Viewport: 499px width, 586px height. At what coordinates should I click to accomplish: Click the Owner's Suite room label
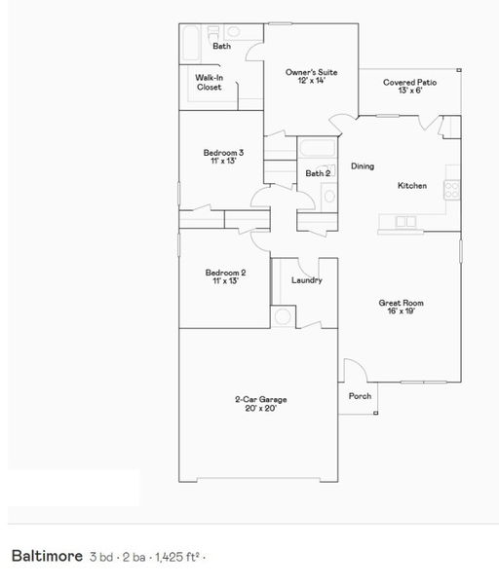[311, 72]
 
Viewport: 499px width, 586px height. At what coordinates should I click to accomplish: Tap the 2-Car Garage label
[261, 399]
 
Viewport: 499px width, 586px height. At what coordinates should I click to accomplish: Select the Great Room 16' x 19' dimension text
[401, 311]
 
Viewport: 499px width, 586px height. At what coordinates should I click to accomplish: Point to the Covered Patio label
[409, 82]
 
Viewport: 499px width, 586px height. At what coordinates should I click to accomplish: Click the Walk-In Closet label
[210, 82]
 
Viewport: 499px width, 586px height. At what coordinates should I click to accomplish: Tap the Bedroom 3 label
[223, 153]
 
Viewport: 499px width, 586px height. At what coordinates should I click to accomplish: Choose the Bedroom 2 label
[225, 273]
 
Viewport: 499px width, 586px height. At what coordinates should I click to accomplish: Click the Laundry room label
[307, 280]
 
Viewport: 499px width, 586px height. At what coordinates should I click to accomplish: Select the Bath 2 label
[318, 173]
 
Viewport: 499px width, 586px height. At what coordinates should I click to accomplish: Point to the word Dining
[363, 166]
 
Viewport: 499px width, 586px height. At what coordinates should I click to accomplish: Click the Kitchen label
[412, 185]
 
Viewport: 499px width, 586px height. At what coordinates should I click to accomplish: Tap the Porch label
[360, 396]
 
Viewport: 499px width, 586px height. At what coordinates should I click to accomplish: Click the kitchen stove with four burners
[452, 190]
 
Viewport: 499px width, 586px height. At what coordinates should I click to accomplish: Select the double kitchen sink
[405, 222]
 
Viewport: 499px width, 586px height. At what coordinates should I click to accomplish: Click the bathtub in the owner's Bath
[190, 43]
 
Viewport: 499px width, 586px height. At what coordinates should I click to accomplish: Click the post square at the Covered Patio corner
[459, 70]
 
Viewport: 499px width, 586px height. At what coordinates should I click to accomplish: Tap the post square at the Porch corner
[376, 413]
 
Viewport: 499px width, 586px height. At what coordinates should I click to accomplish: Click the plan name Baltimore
[47, 556]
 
